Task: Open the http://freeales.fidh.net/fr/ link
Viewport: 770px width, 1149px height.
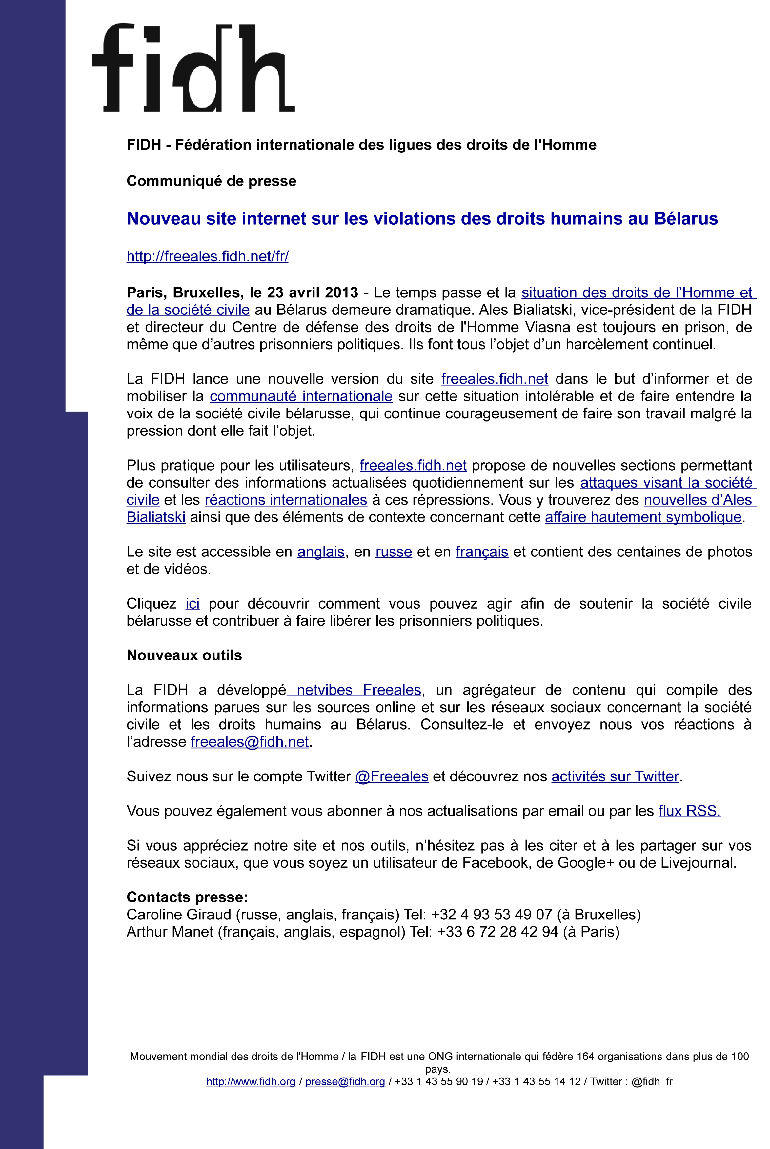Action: pyautogui.click(x=207, y=256)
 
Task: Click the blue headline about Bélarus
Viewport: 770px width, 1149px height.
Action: pyautogui.click(x=422, y=218)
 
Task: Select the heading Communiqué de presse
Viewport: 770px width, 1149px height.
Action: pyautogui.click(x=211, y=181)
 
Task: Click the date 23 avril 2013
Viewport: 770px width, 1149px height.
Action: pyautogui.click(x=312, y=292)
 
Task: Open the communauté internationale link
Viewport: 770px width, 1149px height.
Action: pyautogui.click(x=301, y=396)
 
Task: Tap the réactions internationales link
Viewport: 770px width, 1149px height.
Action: pyautogui.click(x=286, y=500)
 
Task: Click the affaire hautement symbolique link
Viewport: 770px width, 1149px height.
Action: pyautogui.click(x=643, y=517)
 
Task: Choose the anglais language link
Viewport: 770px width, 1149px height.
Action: pyautogui.click(x=321, y=552)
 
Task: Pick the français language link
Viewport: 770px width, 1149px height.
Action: pyautogui.click(x=481, y=552)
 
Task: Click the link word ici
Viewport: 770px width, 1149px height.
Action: pyautogui.click(x=192, y=603)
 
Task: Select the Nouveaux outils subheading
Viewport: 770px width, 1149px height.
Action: pyautogui.click(x=184, y=655)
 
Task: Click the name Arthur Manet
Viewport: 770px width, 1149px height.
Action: pyautogui.click(x=170, y=932)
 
